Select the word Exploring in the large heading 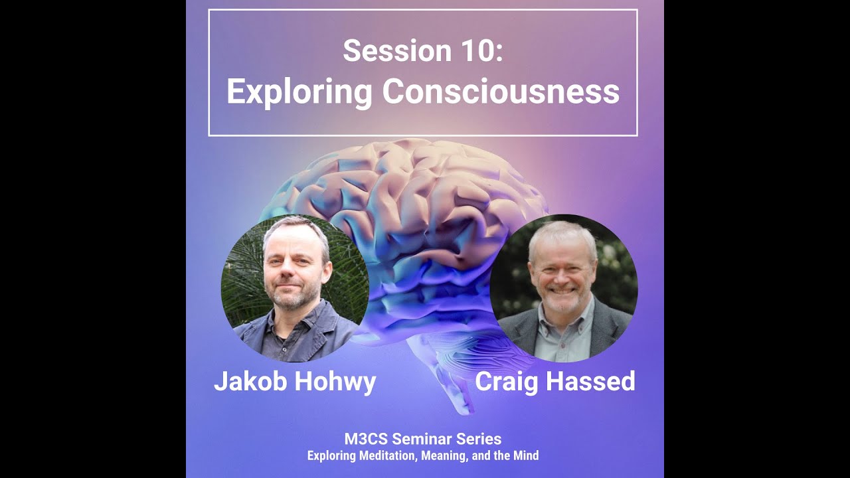pyautogui.click(x=299, y=92)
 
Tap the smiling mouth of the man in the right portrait pyautogui.click(x=562, y=290)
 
